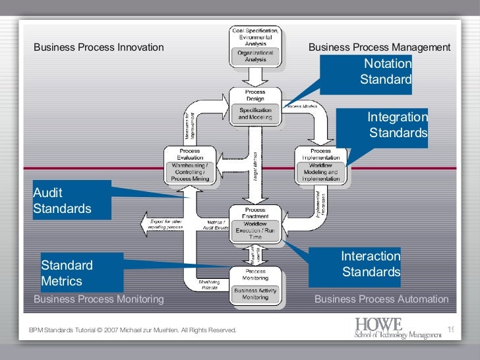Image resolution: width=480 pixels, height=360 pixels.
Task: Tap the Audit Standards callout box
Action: (71, 200)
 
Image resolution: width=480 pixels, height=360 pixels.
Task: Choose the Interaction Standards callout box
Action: (357, 264)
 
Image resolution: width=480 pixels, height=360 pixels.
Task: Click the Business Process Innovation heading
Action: (98, 47)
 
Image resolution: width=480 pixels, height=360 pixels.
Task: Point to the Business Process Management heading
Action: (379, 47)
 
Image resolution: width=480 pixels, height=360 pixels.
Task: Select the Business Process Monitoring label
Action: (98, 299)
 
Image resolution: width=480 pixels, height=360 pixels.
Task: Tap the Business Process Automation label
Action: (381, 299)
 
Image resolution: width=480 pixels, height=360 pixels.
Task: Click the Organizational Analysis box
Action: (255, 56)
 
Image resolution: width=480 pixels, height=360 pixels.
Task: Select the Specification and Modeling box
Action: (255, 113)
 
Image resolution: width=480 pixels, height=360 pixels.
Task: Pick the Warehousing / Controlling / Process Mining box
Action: (190, 171)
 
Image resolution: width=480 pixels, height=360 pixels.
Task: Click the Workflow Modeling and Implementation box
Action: (320, 171)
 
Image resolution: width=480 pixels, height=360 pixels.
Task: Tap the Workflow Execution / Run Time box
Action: (255, 229)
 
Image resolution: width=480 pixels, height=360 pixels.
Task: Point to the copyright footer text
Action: (133, 330)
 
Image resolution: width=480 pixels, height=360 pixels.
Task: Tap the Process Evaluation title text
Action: (190, 154)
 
